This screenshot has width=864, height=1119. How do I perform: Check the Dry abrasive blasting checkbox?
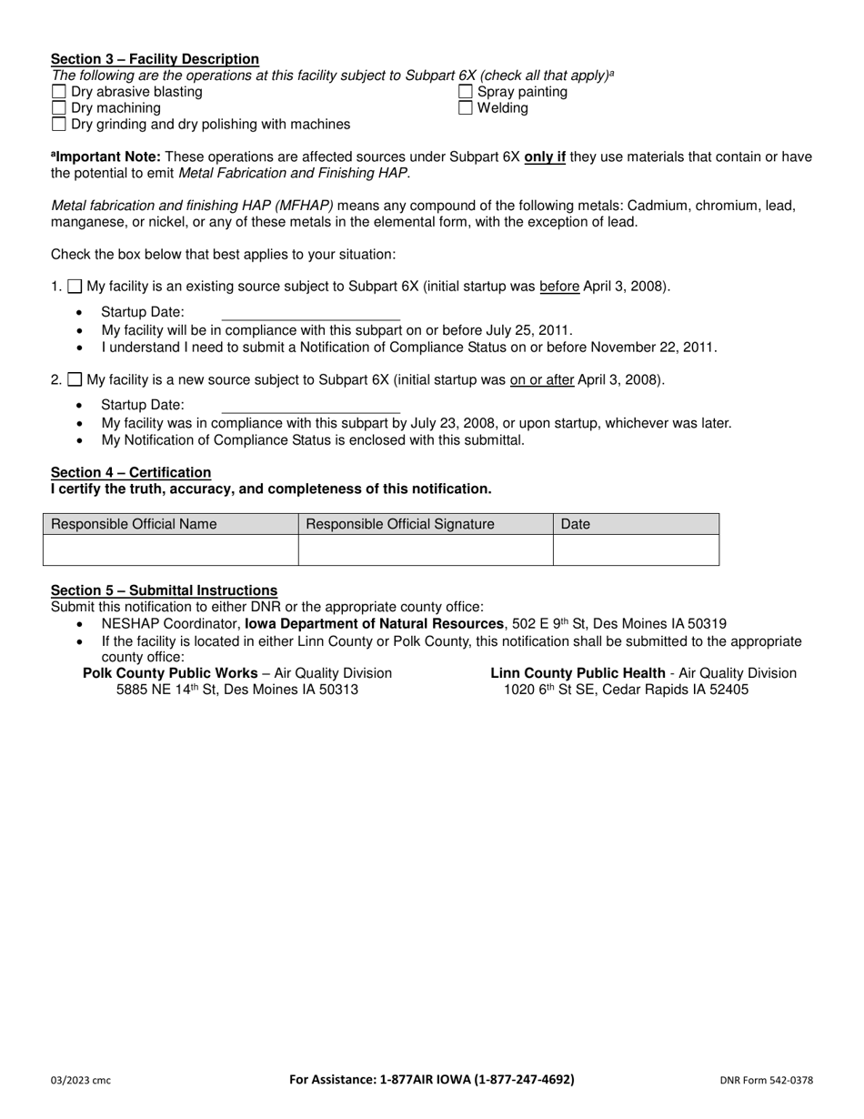tap(59, 92)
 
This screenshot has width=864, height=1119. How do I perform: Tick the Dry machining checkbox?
tap(59, 108)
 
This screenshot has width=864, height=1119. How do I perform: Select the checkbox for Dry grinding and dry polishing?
tap(59, 125)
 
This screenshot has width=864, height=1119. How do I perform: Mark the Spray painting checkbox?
tap(466, 92)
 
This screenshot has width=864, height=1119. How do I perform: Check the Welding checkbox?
tap(466, 108)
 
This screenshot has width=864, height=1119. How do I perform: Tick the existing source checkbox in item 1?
tap(75, 287)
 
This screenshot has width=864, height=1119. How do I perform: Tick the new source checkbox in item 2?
tap(75, 380)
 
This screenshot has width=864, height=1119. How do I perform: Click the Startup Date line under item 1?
tap(310, 313)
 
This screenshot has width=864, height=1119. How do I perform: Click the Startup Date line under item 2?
tap(310, 406)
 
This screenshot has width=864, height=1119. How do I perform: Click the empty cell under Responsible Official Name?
tap(171, 550)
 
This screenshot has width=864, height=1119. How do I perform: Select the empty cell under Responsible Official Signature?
tap(426, 550)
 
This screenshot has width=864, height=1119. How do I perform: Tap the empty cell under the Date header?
tap(636, 550)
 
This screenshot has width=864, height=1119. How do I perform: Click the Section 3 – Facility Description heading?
tap(155, 59)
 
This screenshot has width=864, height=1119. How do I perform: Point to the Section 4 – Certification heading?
tap(131, 472)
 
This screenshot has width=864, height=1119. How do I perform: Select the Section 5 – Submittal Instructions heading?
tap(164, 590)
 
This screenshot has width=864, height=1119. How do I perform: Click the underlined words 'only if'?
tap(545, 156)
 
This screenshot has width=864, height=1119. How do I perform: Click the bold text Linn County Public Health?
tap(578, 673)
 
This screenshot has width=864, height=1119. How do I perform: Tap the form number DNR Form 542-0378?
tap(766, 1081)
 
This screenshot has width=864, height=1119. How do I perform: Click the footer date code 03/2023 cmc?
tap(81, 1081)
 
